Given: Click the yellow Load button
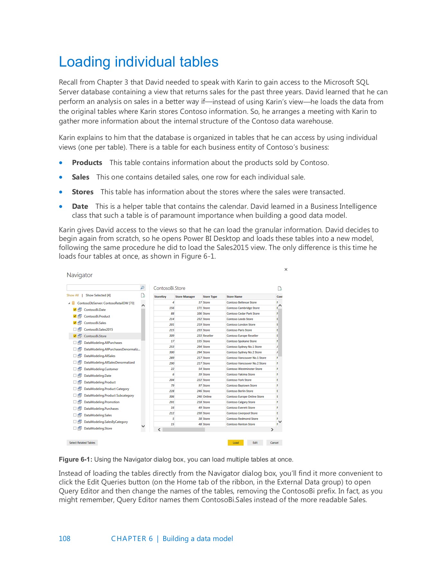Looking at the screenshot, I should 236,443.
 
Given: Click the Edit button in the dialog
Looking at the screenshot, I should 255,443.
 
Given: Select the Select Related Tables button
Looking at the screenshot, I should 82,443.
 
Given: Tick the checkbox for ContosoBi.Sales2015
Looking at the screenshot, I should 75,329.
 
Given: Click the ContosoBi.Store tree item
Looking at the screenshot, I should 95,336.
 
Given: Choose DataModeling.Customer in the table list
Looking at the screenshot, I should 101,369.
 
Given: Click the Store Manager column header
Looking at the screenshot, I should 185,297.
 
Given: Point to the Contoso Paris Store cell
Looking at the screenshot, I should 239,330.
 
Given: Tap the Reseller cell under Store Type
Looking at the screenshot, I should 208,335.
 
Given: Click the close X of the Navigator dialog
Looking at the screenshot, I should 286,270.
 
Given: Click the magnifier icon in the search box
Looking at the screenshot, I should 142,288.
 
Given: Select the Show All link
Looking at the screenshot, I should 73,295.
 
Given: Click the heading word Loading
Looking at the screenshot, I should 85,62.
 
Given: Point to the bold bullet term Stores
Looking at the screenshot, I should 83,192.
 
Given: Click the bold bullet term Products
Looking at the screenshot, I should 87,163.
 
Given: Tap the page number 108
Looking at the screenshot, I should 64,538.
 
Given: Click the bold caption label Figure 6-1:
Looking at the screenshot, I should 76,459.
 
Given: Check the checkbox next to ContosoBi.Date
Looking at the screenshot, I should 75,310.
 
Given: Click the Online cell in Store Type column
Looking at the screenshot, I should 207,397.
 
